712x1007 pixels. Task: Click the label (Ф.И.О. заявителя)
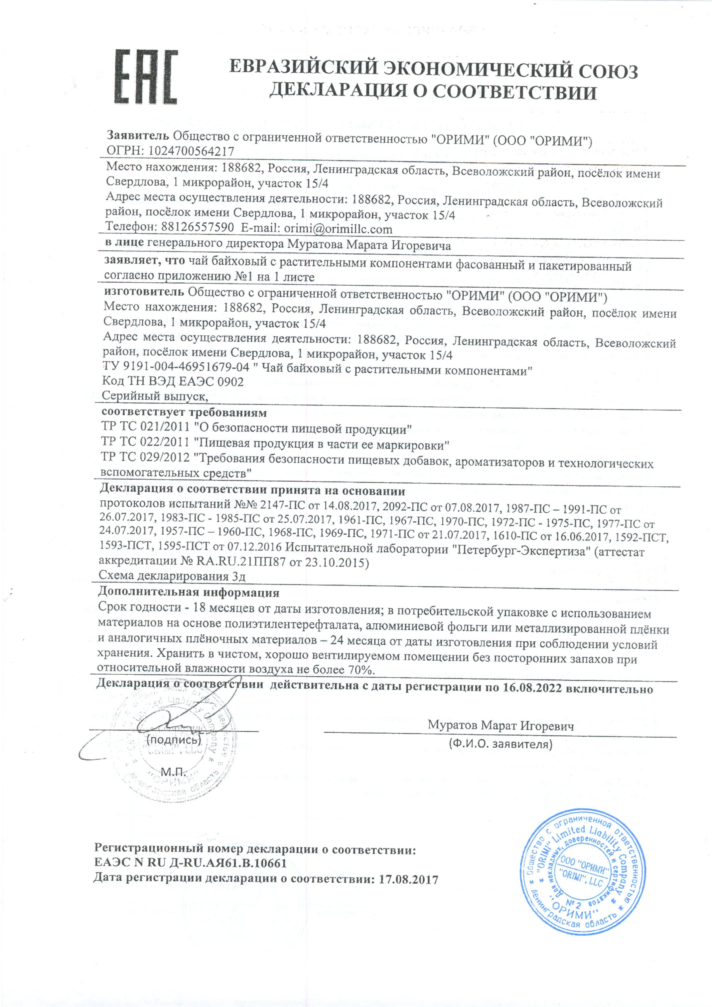pyautogui.click(x=500, y=744)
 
